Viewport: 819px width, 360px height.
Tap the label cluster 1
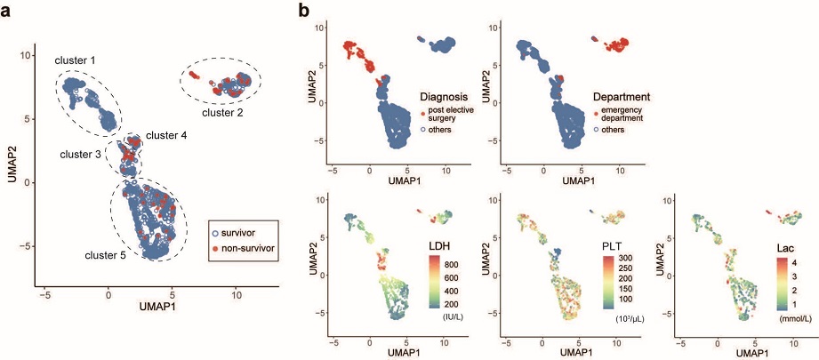(76, 60)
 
